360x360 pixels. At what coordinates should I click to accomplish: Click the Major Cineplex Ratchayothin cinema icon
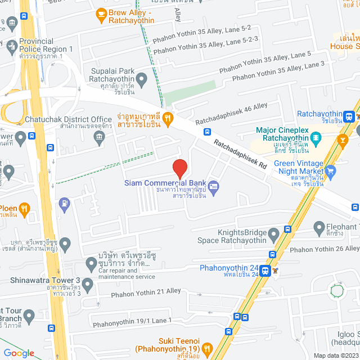[316, 136]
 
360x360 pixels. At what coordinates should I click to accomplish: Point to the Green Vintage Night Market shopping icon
[331, 171]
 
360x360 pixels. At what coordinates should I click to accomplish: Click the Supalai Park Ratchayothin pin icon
[142, 78]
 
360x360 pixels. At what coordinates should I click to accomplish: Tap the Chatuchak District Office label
[69, 119]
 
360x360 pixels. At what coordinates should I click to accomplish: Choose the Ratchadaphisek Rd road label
[240, 154]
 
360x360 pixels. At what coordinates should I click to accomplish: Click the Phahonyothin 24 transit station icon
[275, 271]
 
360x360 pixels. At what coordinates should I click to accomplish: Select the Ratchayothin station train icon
[349, 116]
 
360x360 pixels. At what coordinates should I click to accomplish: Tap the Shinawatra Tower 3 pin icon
[87, 283]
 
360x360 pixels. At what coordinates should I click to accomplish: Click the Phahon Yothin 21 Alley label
[146, 292]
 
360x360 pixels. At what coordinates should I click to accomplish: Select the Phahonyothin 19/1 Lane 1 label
[132, 321]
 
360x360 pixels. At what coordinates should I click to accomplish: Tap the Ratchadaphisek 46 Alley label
[231, 114]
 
